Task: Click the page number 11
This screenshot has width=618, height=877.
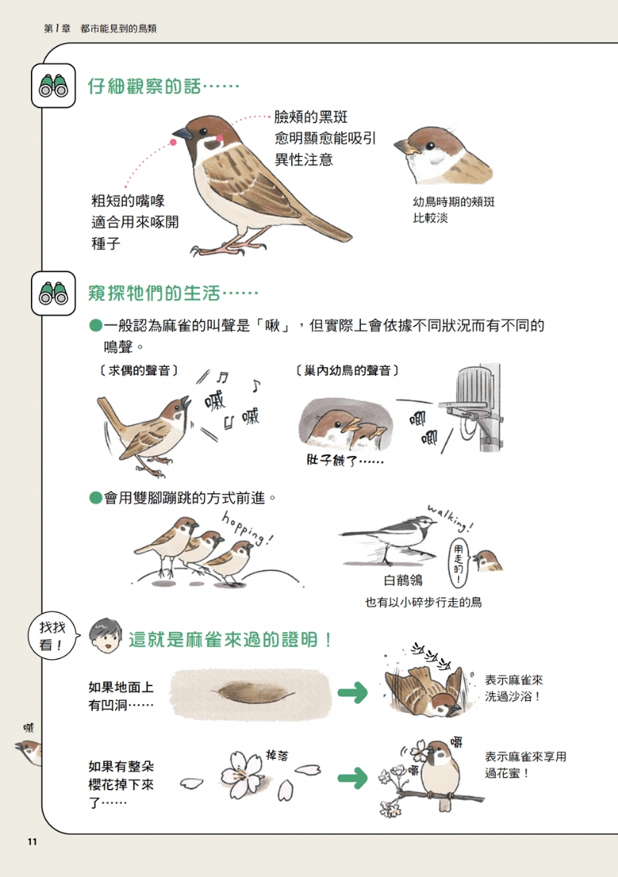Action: (32, 841)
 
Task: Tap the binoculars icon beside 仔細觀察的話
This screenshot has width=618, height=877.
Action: (53, 86)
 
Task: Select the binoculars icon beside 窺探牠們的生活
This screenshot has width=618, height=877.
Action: (53, 293)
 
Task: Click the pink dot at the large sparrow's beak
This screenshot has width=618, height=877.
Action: (173, 143)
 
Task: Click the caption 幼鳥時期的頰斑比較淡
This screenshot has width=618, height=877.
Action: (453, 209)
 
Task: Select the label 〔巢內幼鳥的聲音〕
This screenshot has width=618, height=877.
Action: (347, 370)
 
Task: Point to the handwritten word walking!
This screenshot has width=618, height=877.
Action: (450, 518)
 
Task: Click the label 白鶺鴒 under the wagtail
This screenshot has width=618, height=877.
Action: (403, 580)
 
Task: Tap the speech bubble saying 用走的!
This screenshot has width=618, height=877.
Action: (459, 561)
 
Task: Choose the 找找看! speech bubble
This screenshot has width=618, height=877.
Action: (53, 635)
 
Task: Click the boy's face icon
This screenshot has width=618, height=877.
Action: (105, 636)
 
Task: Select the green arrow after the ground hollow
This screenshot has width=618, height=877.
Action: (353, 692)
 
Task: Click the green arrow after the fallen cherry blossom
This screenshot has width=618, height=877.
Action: (353, 778)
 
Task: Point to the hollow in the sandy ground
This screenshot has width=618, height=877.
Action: (256, 693)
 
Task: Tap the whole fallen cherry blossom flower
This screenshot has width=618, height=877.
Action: (241, 775)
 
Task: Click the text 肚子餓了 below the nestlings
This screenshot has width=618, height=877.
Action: (345, 461)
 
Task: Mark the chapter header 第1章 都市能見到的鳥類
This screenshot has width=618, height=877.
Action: (100, 29)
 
